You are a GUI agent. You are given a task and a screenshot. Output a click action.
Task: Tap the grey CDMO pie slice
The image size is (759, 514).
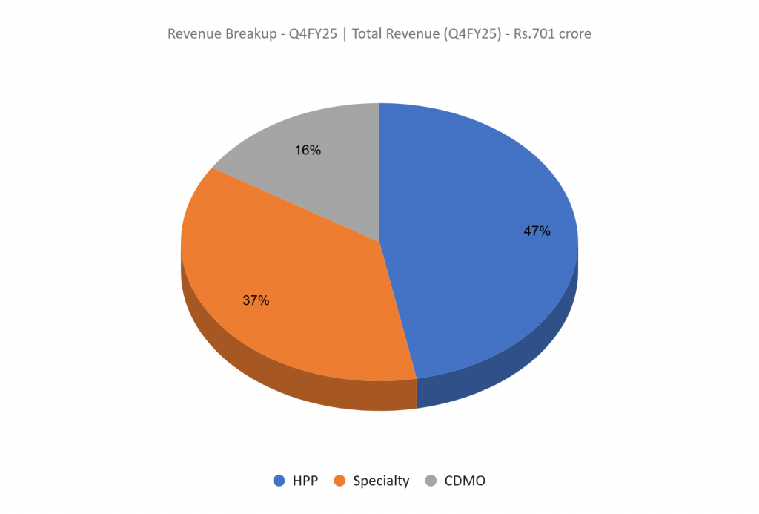326,178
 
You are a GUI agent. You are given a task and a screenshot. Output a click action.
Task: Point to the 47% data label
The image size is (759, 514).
537,231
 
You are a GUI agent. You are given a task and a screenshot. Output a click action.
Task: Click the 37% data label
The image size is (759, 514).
256,300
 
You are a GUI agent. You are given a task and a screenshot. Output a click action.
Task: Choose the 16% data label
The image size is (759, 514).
308,150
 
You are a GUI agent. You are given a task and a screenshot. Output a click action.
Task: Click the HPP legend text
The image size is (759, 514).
305,481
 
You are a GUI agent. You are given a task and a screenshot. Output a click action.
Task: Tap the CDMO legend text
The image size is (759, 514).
465,481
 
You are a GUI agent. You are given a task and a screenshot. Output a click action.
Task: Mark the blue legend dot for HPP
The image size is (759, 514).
279,481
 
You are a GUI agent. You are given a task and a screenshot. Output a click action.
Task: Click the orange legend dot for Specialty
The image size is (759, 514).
340,481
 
